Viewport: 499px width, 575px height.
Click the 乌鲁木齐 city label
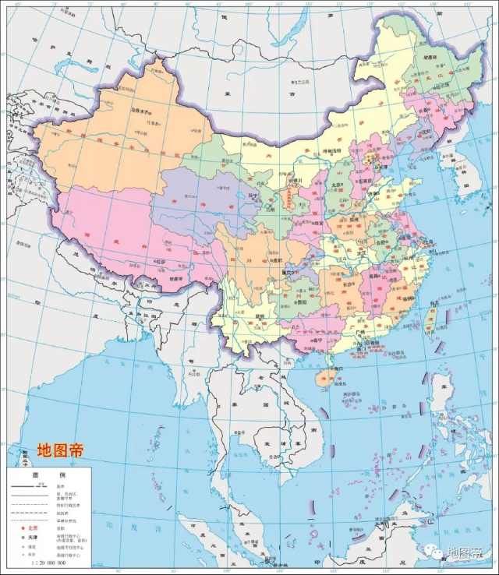(141, 111)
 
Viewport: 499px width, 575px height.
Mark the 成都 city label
(271, 261)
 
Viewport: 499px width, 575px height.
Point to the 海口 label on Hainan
(331, 366)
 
